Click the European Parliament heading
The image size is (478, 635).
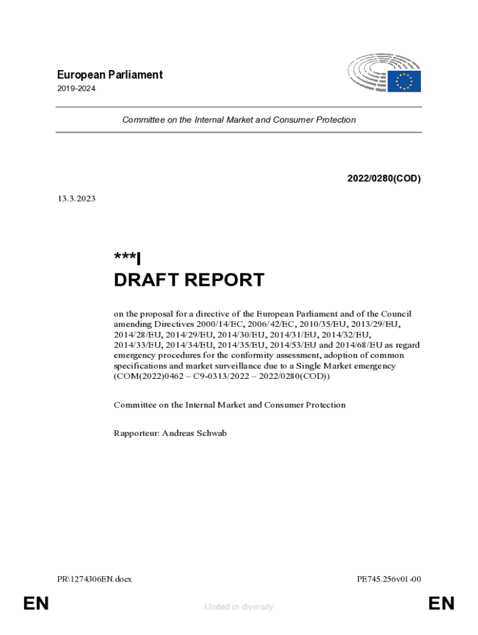pos(109,75)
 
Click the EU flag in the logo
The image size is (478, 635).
pos(404,81)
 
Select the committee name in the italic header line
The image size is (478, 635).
pos(239,120)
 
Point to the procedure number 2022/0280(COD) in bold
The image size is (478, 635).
pos(384,179)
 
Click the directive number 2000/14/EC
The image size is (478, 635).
pos(209,324)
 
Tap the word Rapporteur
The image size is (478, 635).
pos(135,433)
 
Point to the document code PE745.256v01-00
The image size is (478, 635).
pos(389,579)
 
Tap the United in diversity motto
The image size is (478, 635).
pos(239,607)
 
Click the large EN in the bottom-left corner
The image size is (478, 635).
pos(36,603)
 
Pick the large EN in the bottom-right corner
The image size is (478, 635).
pos(441,603)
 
